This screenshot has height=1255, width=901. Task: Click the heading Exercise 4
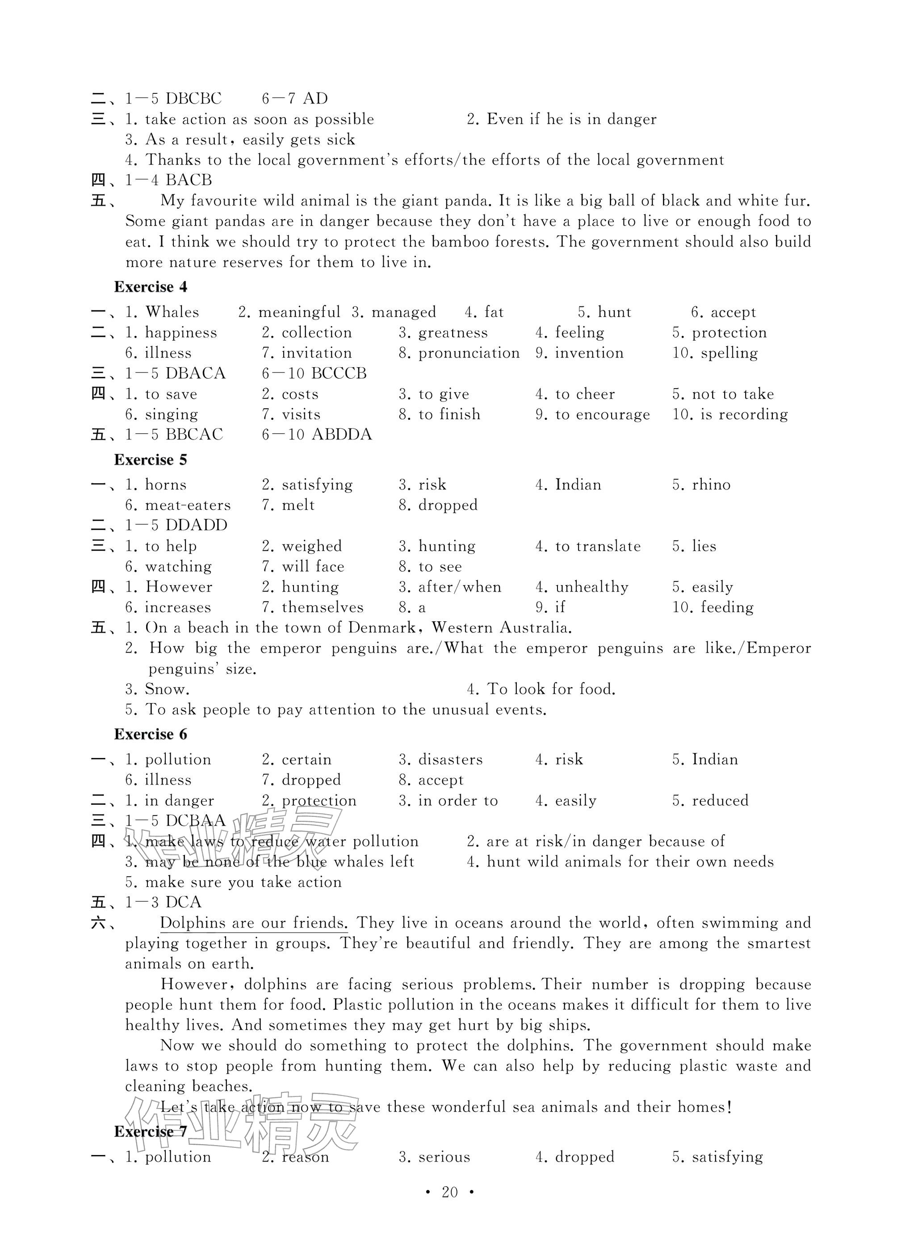(x=151, y=287)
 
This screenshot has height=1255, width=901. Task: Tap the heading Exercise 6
(x=151, y=734)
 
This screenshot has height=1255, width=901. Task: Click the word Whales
(x=172, y=312)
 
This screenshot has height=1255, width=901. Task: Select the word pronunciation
(x=469, y=353)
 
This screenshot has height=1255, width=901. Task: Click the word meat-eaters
(x=188, y=505)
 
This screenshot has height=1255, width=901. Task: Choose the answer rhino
(x=711, y=485)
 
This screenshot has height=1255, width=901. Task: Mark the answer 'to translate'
(x=598, y=546)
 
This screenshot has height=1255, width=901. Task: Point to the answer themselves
(x=323, y=607)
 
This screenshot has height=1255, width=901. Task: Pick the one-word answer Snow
(x=167, y=690)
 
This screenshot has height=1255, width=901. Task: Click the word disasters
(x=450, y=760)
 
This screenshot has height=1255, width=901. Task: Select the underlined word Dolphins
(x=193, y=923)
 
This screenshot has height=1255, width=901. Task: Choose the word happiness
(x=181, y=333)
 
